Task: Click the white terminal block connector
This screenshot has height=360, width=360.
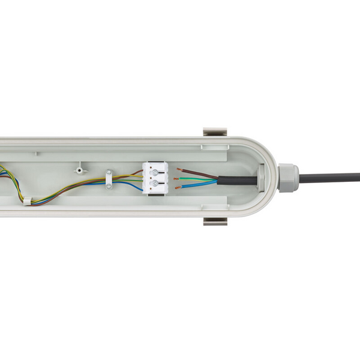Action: (x=153, y=178)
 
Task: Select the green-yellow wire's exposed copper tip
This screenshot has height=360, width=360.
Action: (x=175, y=179)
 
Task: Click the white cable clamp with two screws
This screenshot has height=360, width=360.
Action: (x=108, y=178)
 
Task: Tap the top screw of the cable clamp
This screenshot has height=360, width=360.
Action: (x=108, y=172)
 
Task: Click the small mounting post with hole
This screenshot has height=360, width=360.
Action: (x=78, y=169)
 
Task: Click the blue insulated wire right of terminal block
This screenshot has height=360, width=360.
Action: (x=198, y=185)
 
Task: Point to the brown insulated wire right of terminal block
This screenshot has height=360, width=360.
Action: (x=195, y=172)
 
